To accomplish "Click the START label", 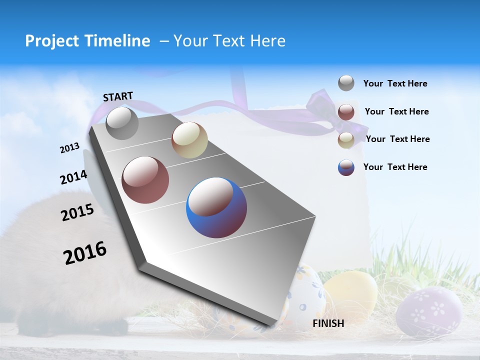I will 118,96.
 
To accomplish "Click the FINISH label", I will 328,323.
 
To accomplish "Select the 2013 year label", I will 69,148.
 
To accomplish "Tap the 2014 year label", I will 73,177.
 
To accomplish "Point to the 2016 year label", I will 85,253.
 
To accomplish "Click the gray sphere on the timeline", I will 122,123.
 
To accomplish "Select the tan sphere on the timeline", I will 189,140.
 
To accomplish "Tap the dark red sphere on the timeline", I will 145,180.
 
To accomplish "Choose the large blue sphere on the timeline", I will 216,207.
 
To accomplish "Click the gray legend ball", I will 346,83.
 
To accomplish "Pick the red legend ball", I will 346,111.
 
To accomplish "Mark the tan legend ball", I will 346,139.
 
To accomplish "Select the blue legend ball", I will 346,167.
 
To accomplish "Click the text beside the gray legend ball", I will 395,83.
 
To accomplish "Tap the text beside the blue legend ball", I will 395,167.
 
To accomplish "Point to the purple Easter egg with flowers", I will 428,310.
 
